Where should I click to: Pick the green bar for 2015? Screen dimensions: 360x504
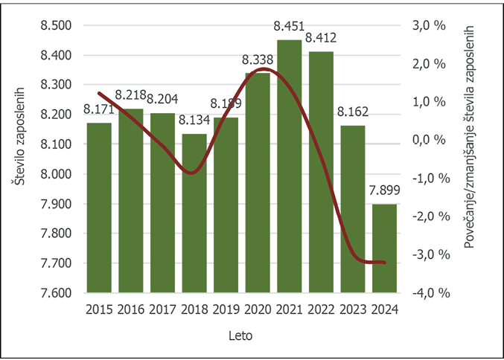tap(99, 208)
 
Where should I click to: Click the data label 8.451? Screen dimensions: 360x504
tap(288, 27)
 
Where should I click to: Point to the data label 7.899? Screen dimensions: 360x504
tap(385, 191)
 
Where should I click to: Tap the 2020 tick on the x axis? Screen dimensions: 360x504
tap(258, 309)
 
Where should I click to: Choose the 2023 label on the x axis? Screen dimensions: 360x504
tap(353, 309)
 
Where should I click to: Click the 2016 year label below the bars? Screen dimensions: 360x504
tap(131, 309)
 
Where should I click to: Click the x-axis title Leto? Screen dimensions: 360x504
tap(240, 335)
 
